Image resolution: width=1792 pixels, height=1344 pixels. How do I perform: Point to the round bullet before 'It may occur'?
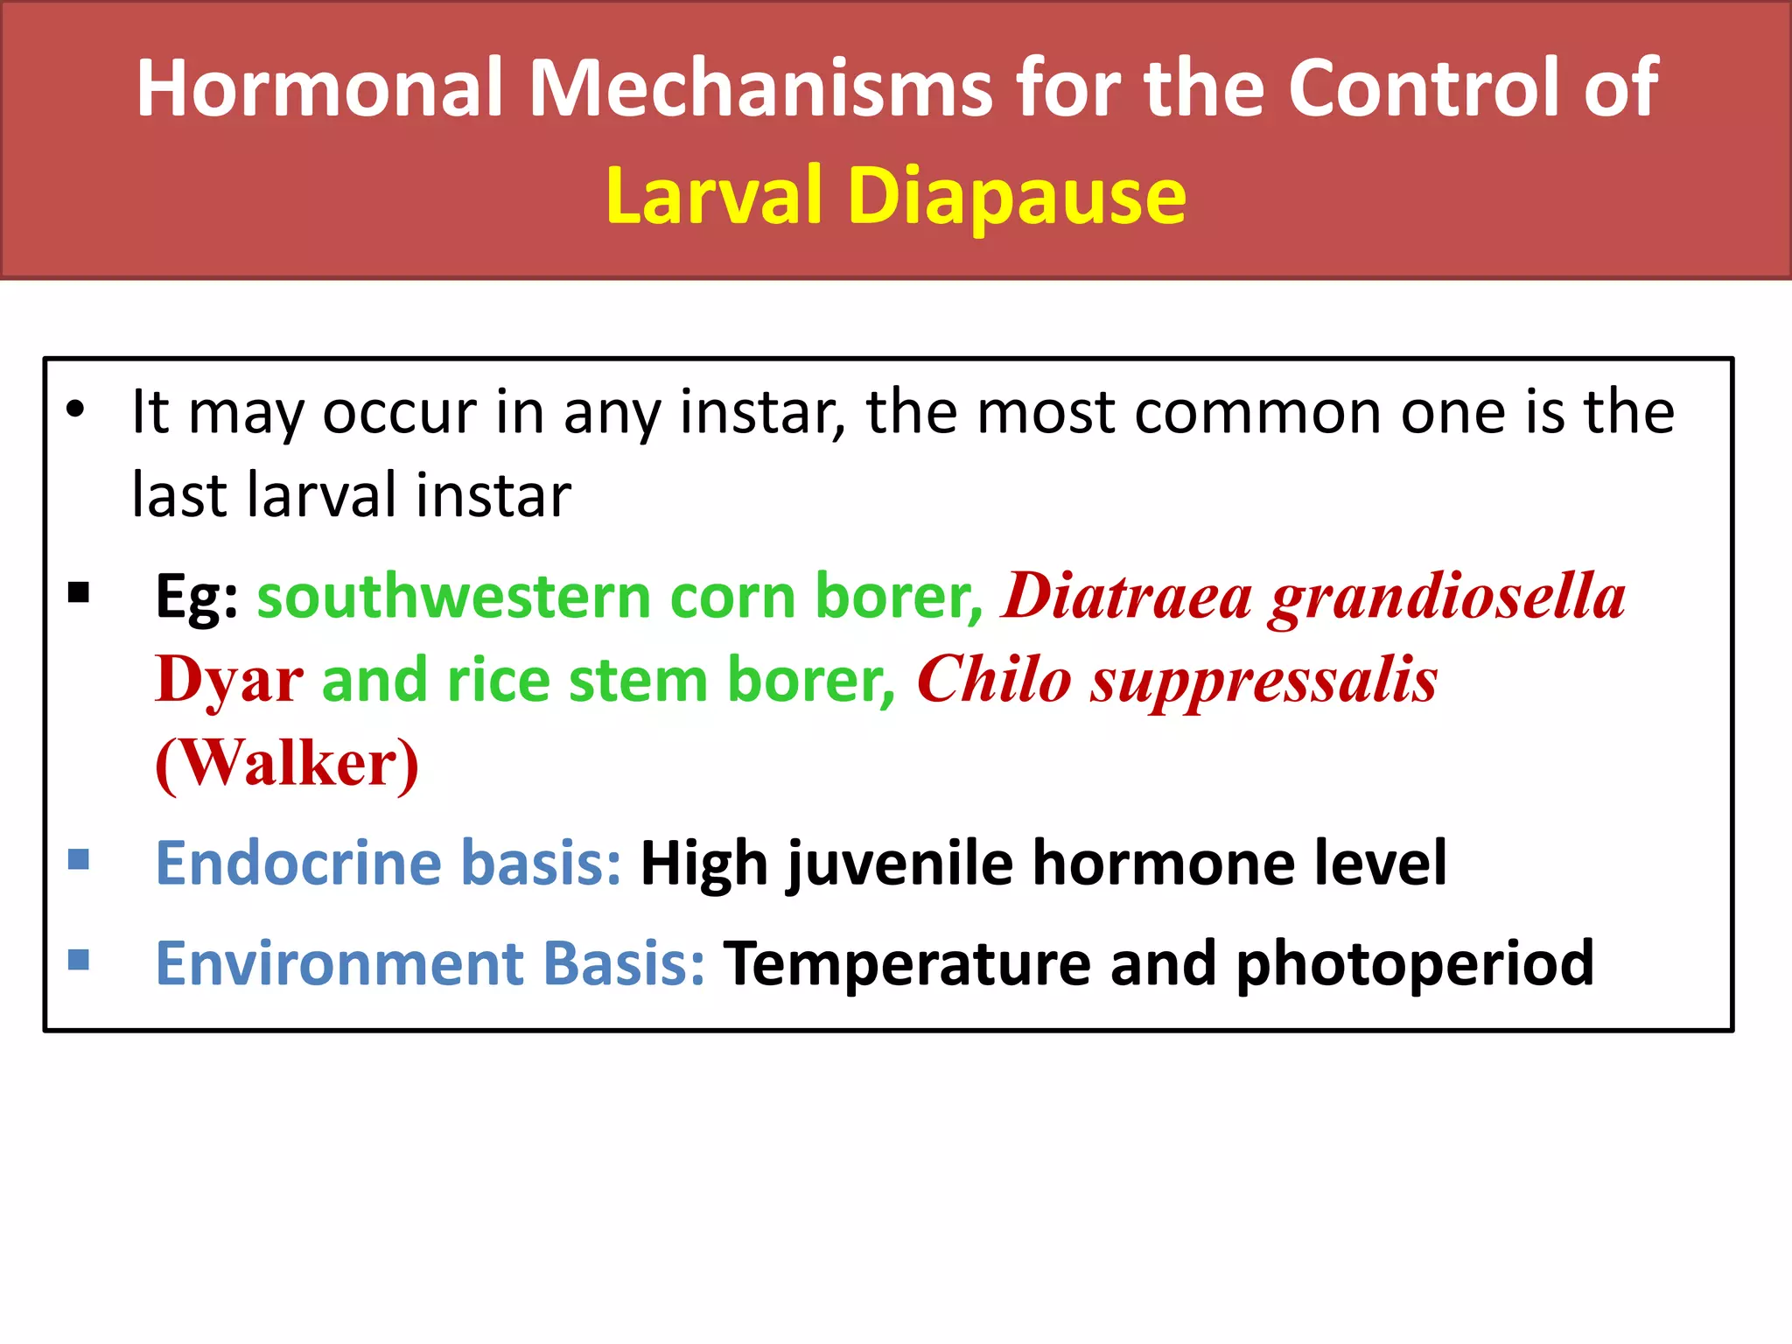click(x=76, y=409)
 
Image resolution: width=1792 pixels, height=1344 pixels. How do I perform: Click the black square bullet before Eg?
click(x=79, y=593)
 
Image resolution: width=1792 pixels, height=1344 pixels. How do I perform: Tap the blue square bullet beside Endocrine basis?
click(x=79, y=859)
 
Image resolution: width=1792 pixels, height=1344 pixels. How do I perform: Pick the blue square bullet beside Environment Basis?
click(x=79, y=960)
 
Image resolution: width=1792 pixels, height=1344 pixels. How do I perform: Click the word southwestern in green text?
click(x=452, y=596)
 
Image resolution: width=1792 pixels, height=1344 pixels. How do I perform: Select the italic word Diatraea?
click(x=1127, y=596)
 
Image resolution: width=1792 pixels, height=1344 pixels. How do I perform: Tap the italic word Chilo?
click(x=993, y=680)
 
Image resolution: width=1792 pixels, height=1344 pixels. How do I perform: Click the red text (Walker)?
click(x=287, y=764)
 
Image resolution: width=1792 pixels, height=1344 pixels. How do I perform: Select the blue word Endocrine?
click(x=298, y=863)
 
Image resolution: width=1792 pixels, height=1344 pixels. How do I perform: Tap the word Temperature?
click(x=906, y=964)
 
